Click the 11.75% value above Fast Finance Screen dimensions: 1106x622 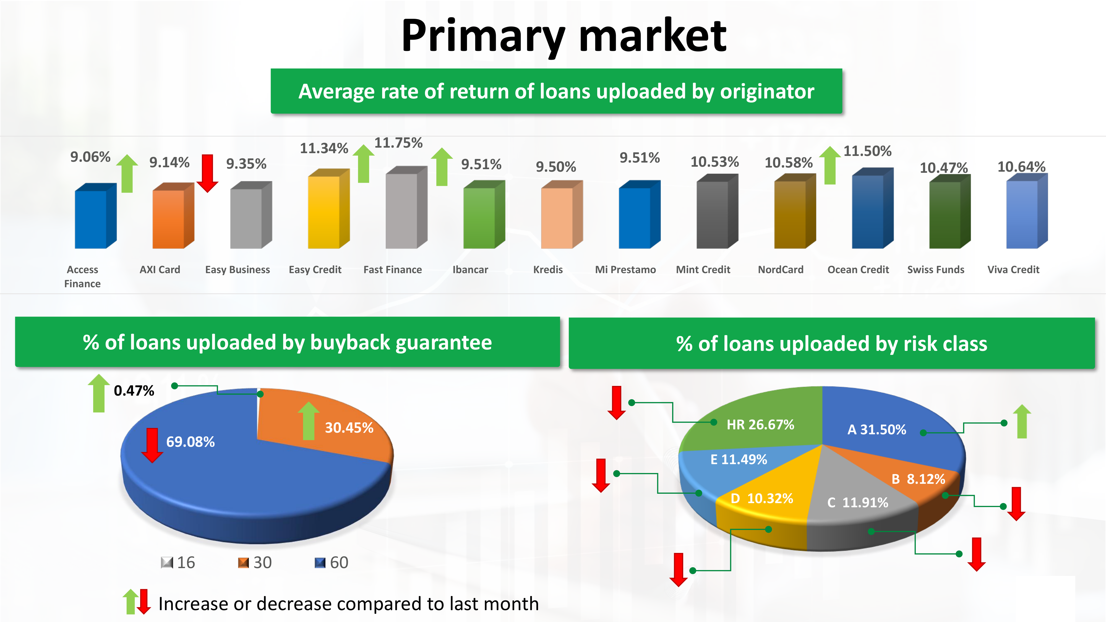pos(398,143)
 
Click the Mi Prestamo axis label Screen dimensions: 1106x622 pos(625,270)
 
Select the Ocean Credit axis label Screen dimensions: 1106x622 pos(858,270)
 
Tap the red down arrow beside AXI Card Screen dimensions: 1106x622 pos(207,173)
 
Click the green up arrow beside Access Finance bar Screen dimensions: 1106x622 pos(127,173)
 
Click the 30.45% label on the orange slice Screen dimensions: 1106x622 pos(349,428)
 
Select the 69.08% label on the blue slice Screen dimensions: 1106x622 pos(190,442)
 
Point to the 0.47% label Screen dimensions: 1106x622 pos(134,391)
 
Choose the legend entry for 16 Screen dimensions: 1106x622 pos(178,562)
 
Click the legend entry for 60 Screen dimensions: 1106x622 pos(332,562)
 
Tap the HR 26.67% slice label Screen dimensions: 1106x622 pos(760,425)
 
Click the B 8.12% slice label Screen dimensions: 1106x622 pos(918,479)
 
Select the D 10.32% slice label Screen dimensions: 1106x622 pos(762,498)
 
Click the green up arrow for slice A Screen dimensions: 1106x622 pos(1022,422)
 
